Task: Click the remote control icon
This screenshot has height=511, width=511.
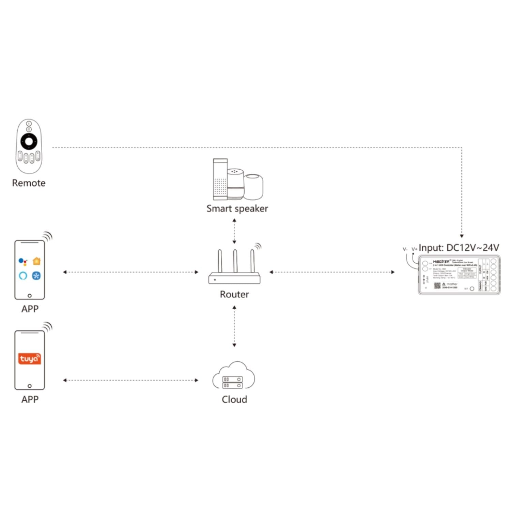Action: click(x=29, y=146)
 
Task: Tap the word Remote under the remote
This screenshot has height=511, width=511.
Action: click(x=29, y=183)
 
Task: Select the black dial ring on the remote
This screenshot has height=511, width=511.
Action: click(x=29, y=141)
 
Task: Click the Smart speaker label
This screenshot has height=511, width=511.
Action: click(x=237, y=208)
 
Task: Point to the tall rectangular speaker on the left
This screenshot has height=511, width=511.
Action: click(x=220, y=179)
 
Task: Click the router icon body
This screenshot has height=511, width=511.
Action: click(x=234, y=278)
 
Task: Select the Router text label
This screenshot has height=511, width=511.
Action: click(x=234, y=294)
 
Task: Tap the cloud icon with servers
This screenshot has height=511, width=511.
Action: click(x=234, y=376)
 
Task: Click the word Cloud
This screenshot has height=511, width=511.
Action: click(x=234, y=399)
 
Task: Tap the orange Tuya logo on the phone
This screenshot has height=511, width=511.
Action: click(x=29, y=359)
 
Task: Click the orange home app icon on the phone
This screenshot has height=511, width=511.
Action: click(x=36, y=261)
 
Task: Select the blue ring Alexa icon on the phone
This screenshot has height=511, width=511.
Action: click(x=23, y=275)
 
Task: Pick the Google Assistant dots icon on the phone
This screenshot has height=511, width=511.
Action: click(x=22, y=262)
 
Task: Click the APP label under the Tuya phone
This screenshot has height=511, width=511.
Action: click(x=30, y=399)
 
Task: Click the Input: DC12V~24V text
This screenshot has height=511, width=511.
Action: click(x=459, y=248)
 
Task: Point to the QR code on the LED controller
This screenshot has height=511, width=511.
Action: click(x=437, y=285)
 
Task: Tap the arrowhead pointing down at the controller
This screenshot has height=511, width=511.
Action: click(x=462, y=236)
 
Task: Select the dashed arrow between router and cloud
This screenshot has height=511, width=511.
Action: click(x=234, y=326)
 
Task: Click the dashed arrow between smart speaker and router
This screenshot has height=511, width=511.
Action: click(x=234, y=231)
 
